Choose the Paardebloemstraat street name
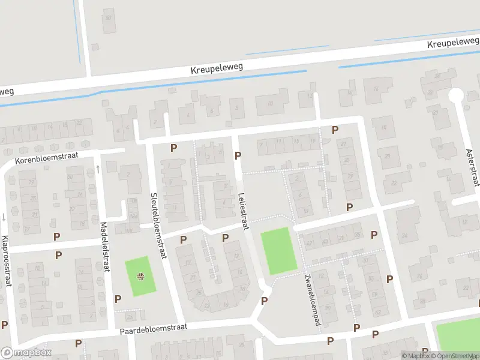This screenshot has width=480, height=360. [x=154, y=328]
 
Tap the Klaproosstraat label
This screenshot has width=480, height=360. [x=7, y=262]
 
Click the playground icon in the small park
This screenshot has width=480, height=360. [x=140, y=276]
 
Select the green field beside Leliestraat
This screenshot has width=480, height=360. [x=279, y=251]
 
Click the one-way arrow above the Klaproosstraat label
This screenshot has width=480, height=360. [x=4, y=217]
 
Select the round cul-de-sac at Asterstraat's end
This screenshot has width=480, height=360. [x=455, y=95]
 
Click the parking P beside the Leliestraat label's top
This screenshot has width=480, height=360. [x=238, y=155]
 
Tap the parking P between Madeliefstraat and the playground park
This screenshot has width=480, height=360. [x=118, y=298]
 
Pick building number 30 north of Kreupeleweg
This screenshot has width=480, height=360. [x=109, y=17]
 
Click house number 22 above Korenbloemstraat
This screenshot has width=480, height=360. [x=79, y=124]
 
